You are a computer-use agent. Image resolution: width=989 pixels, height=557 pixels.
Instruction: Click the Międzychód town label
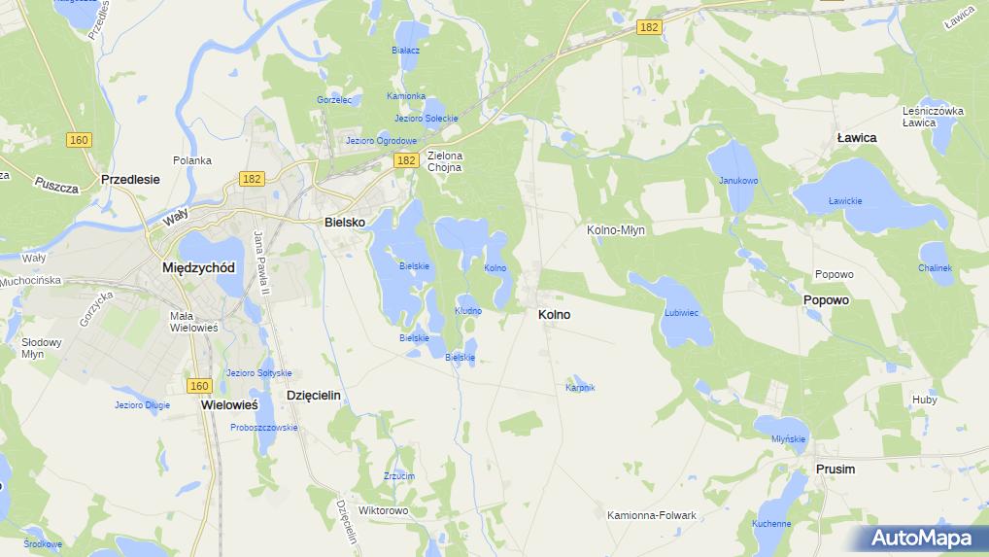pos(198,267)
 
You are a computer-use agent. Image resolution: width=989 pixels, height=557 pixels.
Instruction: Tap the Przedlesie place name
pos(130,180)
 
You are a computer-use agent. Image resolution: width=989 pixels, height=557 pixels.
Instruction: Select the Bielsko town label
pos(345,223)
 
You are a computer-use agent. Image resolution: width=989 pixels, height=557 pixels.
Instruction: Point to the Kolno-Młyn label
pos(616,230)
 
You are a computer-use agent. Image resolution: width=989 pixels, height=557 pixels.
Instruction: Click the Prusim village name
pos(836,470)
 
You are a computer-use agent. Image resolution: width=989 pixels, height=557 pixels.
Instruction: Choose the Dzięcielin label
pos(314,396)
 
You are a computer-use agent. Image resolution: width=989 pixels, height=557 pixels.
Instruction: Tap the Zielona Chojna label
pos(445,161)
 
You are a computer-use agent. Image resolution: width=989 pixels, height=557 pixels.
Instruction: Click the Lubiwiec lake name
pos(681,313)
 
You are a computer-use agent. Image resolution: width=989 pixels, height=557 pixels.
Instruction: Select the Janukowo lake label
pos(738,181)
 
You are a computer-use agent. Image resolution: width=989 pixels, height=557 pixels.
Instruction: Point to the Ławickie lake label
pos(844,201)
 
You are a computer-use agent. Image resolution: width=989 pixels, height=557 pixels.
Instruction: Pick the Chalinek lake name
pos(935,268)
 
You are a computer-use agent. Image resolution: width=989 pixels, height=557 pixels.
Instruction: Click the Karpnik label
pos(580,388)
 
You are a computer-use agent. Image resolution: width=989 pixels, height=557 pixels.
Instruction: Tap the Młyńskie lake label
pos(789,439)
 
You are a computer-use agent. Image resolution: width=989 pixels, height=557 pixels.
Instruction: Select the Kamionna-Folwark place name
pos(652,515)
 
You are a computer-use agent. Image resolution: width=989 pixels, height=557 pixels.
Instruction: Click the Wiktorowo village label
pos(384,510)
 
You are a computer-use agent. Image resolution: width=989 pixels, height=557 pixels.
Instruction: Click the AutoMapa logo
pos(921,538)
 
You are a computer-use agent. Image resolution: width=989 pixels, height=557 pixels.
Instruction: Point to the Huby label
pos(925,400)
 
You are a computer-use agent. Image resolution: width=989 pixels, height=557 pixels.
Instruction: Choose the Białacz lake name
pos(405,50)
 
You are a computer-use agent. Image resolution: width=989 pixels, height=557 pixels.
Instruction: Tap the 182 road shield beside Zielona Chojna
pos(406,160)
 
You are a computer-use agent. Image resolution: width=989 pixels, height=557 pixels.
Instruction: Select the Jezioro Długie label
pos(142,405)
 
